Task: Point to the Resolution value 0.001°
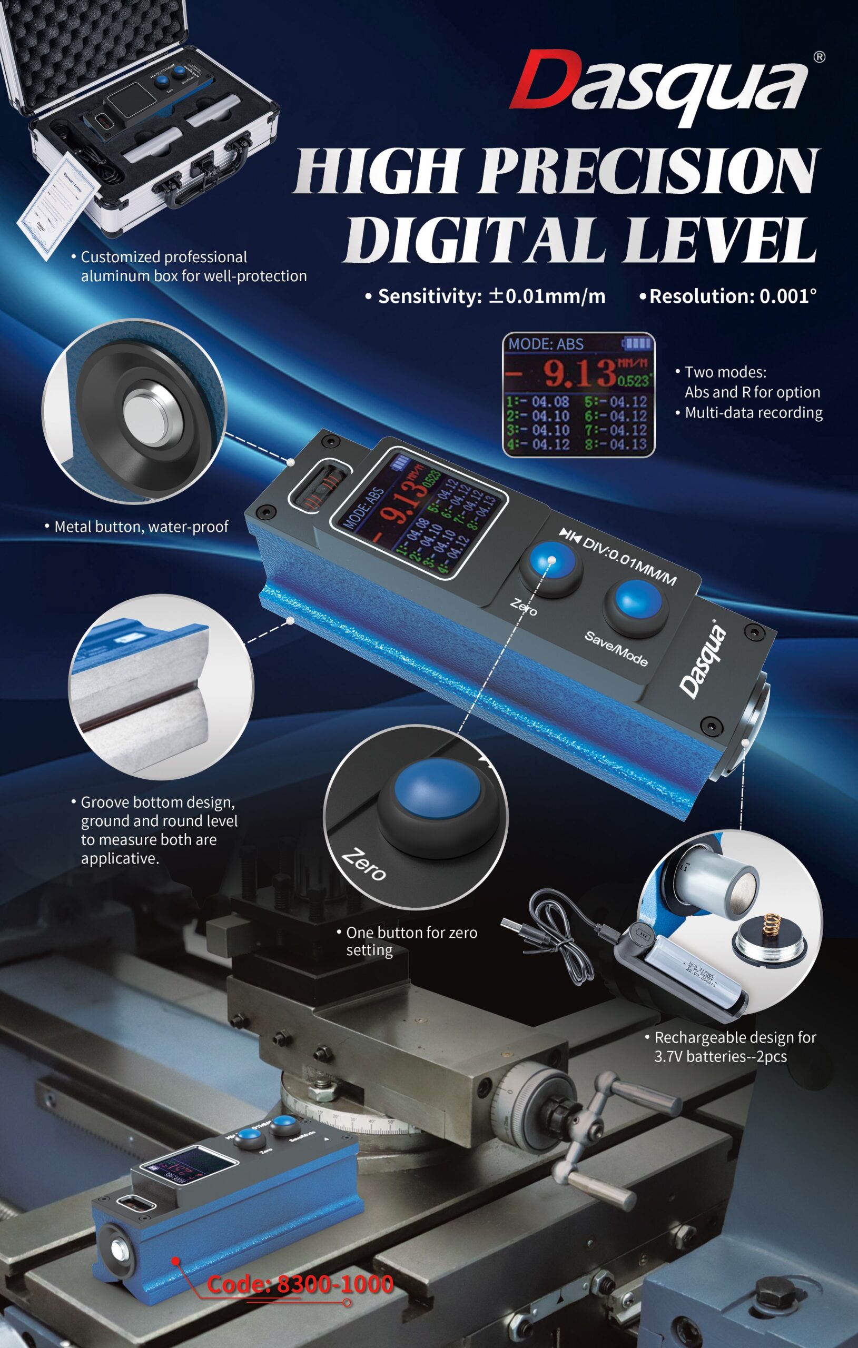787,296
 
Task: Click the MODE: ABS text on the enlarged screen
546,344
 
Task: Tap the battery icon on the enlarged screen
637,343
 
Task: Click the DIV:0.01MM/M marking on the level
628,561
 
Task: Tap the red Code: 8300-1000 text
300,1284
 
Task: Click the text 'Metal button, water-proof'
141,527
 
